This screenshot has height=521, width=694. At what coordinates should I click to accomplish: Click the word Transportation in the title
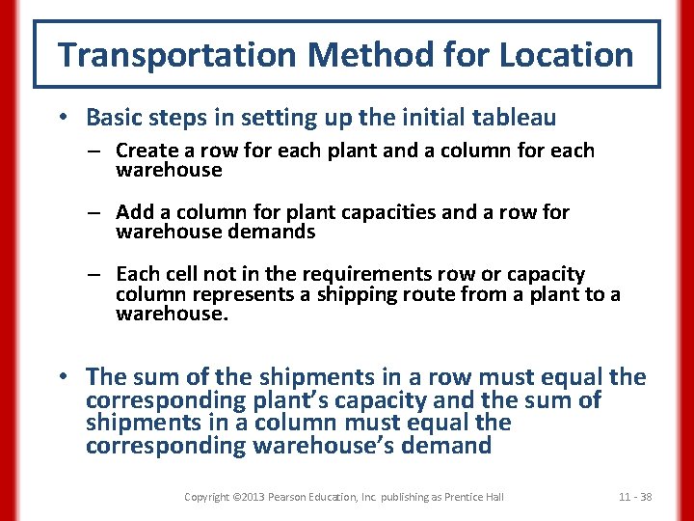177,55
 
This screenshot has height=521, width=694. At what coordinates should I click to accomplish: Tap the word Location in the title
566,55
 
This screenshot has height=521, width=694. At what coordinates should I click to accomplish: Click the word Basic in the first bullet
114,118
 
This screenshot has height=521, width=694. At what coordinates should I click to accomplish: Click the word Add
134,212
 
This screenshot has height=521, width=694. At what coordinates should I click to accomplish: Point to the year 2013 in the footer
254,497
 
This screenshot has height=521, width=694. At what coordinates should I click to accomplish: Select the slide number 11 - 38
635,497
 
